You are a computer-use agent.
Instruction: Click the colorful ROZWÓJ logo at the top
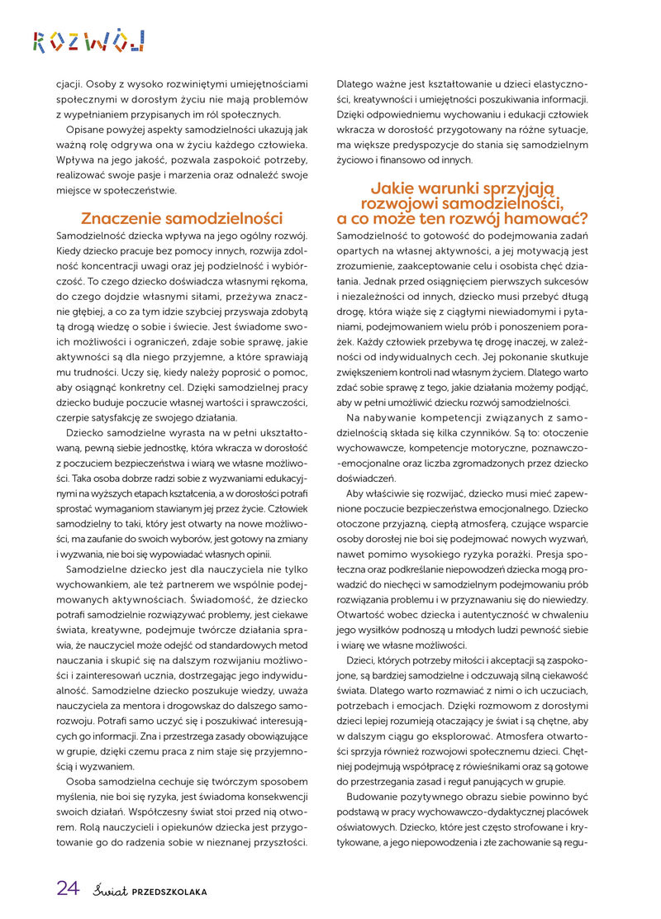click(89, 40)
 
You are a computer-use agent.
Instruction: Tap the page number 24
click(68, 888)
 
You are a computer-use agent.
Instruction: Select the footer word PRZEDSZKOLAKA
click(169, 891)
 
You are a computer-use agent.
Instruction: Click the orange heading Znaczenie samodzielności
click(181, 219)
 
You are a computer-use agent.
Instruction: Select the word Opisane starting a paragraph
click(88, 130)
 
